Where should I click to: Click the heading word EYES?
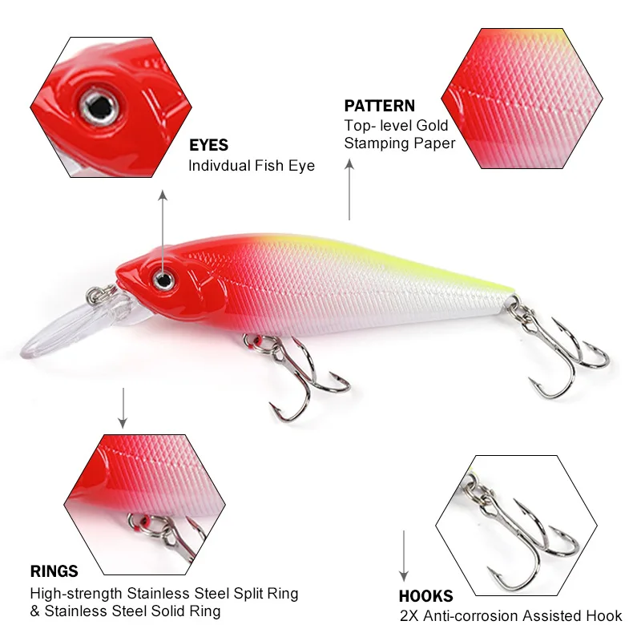click(x=208, y=146)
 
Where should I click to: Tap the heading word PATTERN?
click(x=379, y=106)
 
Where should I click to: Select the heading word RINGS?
click(x=54, y=571)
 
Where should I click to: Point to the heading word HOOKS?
click(x=425, y=596)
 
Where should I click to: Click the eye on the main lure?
click(x=165, y=280)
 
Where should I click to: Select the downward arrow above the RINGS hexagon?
click(x=123, y=409)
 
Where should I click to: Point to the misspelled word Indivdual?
click(x=220, y=166)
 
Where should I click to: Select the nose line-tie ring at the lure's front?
click(x=101, y=292)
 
